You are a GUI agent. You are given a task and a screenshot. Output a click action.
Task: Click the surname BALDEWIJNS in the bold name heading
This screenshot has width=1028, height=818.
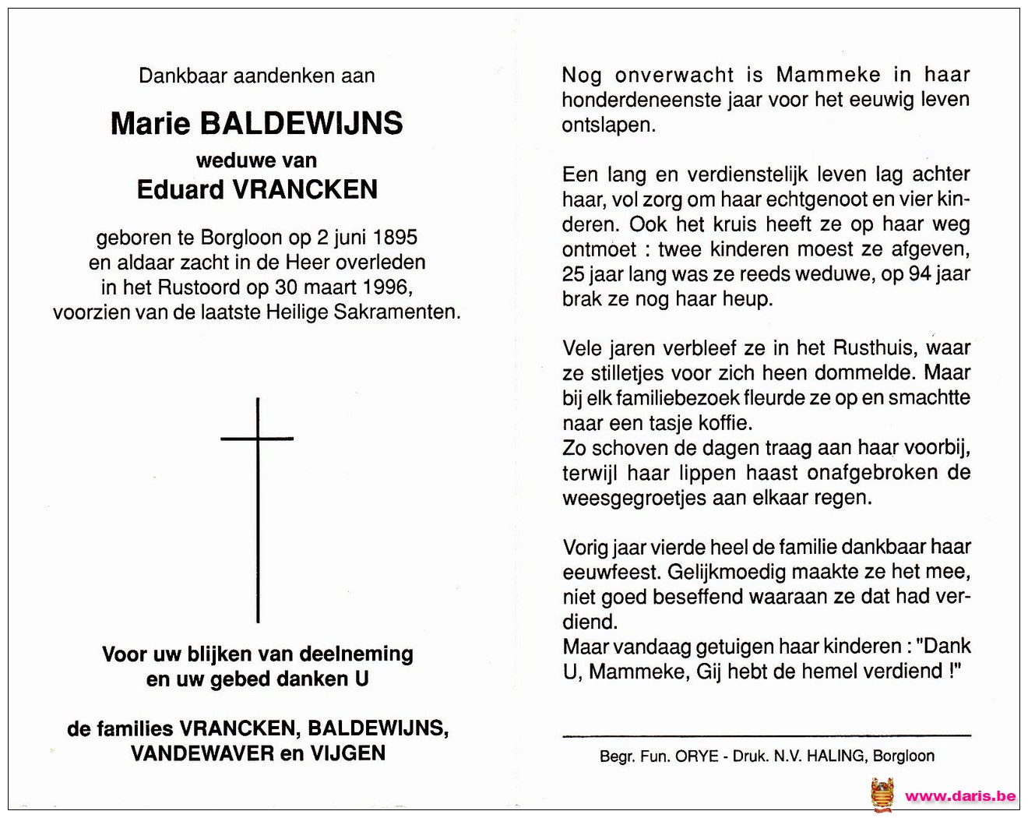coord(301,124)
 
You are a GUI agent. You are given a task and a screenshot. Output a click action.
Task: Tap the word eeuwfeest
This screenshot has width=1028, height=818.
coord(610,573)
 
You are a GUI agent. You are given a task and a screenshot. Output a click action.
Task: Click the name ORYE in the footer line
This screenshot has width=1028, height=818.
coord(697,756)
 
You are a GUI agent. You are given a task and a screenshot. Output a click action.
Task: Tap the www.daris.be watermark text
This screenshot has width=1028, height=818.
coord(960,796)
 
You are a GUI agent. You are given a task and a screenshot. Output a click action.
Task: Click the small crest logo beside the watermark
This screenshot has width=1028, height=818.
coord(882,795)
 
